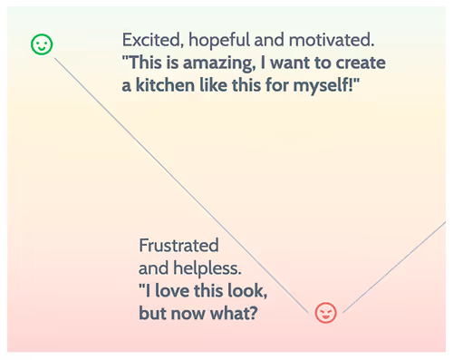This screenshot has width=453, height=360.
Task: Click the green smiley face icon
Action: click(42, 43)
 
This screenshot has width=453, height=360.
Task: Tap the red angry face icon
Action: click(325, 313)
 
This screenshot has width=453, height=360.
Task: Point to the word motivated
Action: click(330, 42)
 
